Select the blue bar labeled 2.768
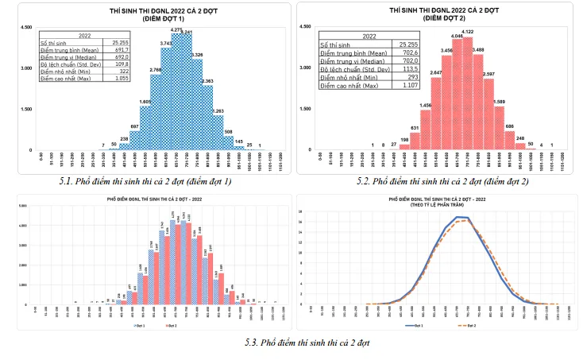(x=156, y=111)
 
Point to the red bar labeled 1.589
(x=500, y=127)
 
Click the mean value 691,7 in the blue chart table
(x=122, y=50)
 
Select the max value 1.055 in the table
(x=122, y=79)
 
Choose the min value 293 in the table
(x=411, y=77)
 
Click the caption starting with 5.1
(x=145, y=182)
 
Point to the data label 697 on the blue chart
(x=134, y=126)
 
